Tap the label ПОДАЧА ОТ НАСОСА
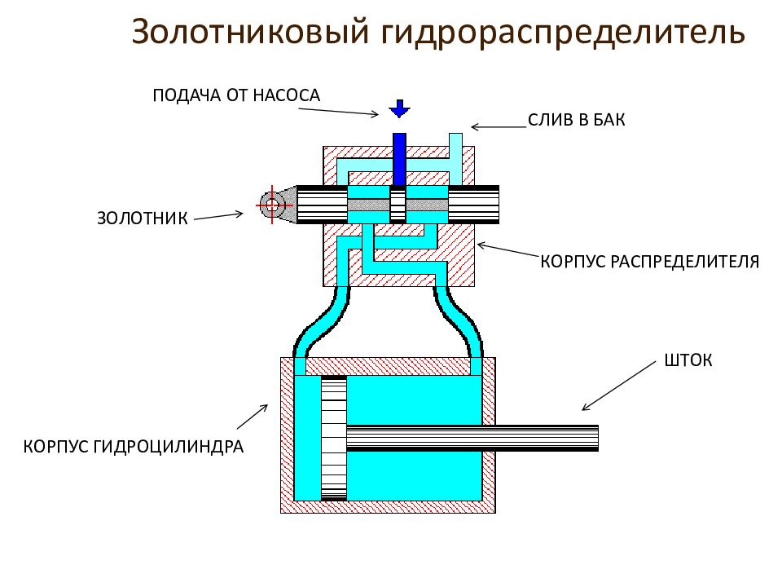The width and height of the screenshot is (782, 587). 236,95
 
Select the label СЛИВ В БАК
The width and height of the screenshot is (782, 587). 576,120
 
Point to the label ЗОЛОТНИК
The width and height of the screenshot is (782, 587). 143,218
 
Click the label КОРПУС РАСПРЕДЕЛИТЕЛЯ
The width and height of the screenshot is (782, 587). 650,262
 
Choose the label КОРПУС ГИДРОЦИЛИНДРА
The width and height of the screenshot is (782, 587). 134,447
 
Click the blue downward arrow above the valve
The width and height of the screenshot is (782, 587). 399,108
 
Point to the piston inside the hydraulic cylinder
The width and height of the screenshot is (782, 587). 333,438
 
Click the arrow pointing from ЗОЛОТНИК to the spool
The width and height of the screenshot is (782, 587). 218,216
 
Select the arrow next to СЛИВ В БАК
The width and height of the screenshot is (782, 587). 499,126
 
